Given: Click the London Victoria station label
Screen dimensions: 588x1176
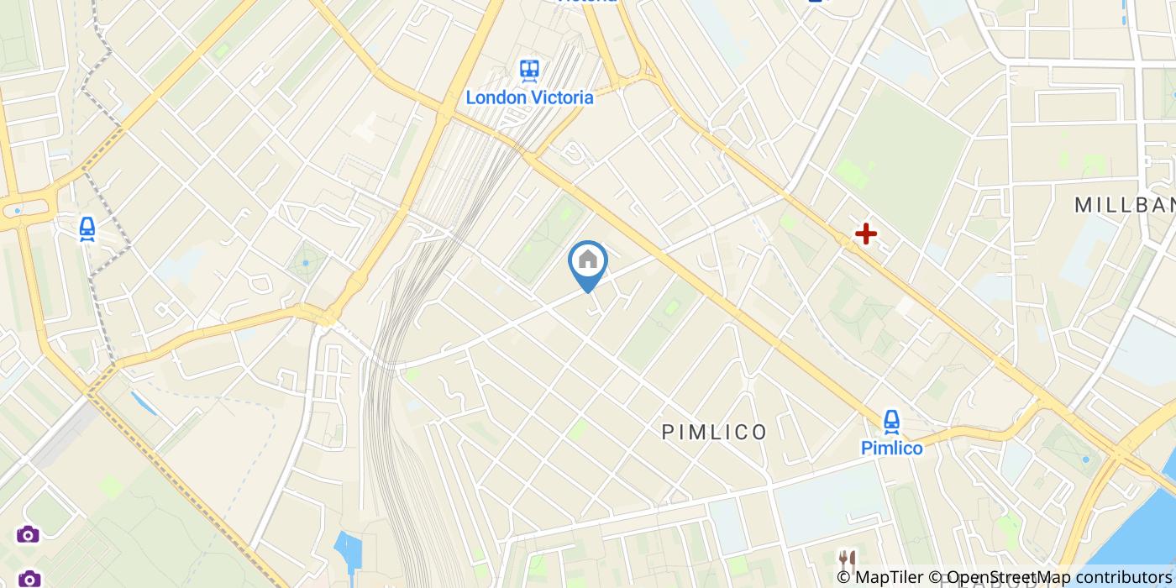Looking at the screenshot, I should [x=529, y=97].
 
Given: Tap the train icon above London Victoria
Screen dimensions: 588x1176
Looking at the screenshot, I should [x=529, y=70].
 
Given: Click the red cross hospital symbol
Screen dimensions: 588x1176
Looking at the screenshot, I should [x=865, y=234].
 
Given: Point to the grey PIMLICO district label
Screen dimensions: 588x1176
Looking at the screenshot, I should [x=714, y=432].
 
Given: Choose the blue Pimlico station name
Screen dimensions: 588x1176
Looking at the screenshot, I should [x=891, y=448].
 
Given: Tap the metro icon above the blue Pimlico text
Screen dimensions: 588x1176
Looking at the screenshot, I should [x=891, y=421].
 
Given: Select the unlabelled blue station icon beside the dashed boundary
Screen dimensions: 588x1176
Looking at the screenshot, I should [x=87, y=228].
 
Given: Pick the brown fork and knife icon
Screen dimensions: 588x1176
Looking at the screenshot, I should [x=846, y=559].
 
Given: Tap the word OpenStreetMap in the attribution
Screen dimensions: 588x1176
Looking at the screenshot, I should [x=1002, y=576].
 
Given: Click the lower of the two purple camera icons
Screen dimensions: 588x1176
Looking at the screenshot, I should [x=29, y=579].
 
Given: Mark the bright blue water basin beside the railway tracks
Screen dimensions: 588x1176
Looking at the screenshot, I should [x=346, y=550].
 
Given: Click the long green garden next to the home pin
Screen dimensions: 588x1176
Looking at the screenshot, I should [x=546, y=239].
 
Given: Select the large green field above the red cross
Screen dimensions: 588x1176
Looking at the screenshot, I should [x=899, y=160].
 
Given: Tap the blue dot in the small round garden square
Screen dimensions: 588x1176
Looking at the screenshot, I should [x=306, y=263].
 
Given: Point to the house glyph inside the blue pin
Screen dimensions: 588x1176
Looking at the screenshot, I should [x=588, y=260].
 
